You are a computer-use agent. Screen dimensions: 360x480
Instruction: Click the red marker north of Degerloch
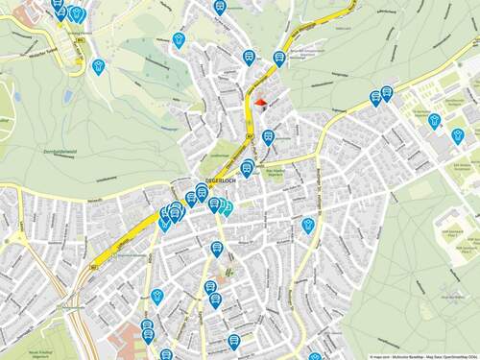(260, 106)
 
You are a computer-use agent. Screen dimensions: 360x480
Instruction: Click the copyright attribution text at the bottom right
(421, 356)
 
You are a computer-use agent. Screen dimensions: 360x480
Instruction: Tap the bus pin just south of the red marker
(268, 136)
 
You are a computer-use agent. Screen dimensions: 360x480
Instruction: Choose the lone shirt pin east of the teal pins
(308, 225)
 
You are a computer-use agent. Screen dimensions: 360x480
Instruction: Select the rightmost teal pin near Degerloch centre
(227, 207)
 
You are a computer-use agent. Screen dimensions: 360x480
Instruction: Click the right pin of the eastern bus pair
(387, 92)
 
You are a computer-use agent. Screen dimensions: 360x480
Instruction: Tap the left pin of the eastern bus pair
(375, 97)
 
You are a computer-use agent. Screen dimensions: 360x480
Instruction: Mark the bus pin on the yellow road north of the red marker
(279, 57)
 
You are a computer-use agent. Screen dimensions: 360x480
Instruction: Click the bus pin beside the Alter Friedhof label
(247, 168)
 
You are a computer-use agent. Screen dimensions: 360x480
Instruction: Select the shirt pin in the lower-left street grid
(157, 296)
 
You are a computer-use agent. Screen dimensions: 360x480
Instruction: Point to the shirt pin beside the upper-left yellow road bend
(98, 66)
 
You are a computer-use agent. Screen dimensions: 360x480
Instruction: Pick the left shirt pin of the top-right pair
(433, 121)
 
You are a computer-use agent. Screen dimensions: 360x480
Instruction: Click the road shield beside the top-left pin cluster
(81, 40)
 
